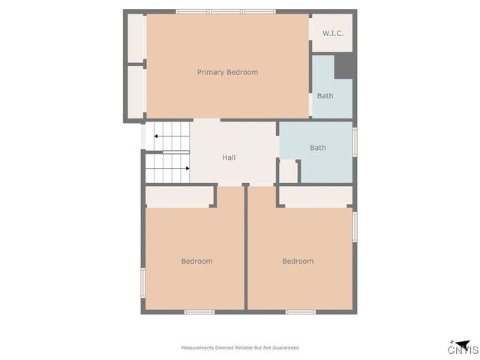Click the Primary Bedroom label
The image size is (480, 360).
(x=227, y=72)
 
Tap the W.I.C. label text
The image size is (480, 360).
(x=333, y=34)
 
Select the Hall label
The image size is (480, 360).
(x=229, y=157)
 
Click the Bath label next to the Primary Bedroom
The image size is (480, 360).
(x=325, y=96)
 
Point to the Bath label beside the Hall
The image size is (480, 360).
(x=318, y=148)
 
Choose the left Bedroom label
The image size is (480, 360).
(x=196, y=261)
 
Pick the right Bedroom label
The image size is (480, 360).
(x=298, y=261)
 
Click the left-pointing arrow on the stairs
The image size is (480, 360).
(x=157, y=136)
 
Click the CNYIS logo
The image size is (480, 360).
(x=463, y=347)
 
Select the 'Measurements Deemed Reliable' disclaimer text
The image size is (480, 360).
(x=240, y=348)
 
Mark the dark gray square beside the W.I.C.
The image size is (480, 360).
(x=344, y=65)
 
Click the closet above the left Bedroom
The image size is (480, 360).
(x=178, y=196)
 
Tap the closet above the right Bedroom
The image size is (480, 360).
(x=315, y=196)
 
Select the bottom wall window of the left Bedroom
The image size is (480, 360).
(x=199, y=311)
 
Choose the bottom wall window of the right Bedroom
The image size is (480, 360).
(x=300, y=311)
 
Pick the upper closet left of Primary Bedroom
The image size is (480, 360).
(x=136, y=38)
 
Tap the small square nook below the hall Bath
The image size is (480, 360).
(x=288, y=171)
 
